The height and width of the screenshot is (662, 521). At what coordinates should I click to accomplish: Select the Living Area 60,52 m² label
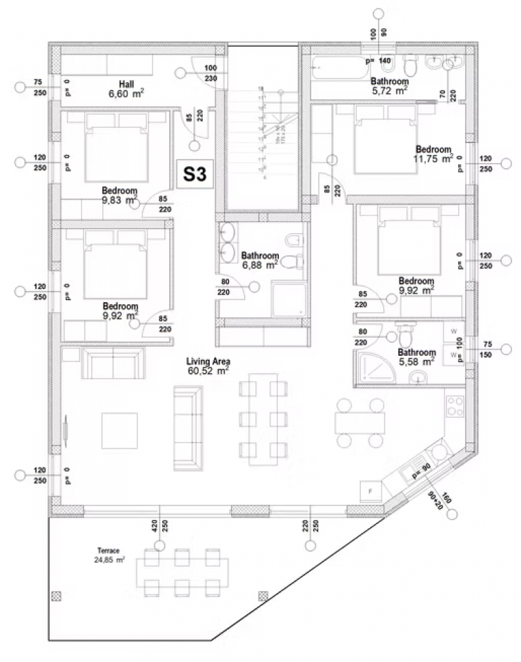point(208,365)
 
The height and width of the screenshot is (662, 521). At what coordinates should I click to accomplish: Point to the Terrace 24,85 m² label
point(109,555)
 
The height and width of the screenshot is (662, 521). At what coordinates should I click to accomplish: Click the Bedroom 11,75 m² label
point(434,154)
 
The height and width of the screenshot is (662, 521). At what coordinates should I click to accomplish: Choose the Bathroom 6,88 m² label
point(259,259)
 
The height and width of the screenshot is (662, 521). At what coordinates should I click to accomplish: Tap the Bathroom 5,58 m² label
point(416,357)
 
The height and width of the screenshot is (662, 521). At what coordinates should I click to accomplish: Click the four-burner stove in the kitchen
point(454,405)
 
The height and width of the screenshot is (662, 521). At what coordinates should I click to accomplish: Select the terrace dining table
point(181,572)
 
